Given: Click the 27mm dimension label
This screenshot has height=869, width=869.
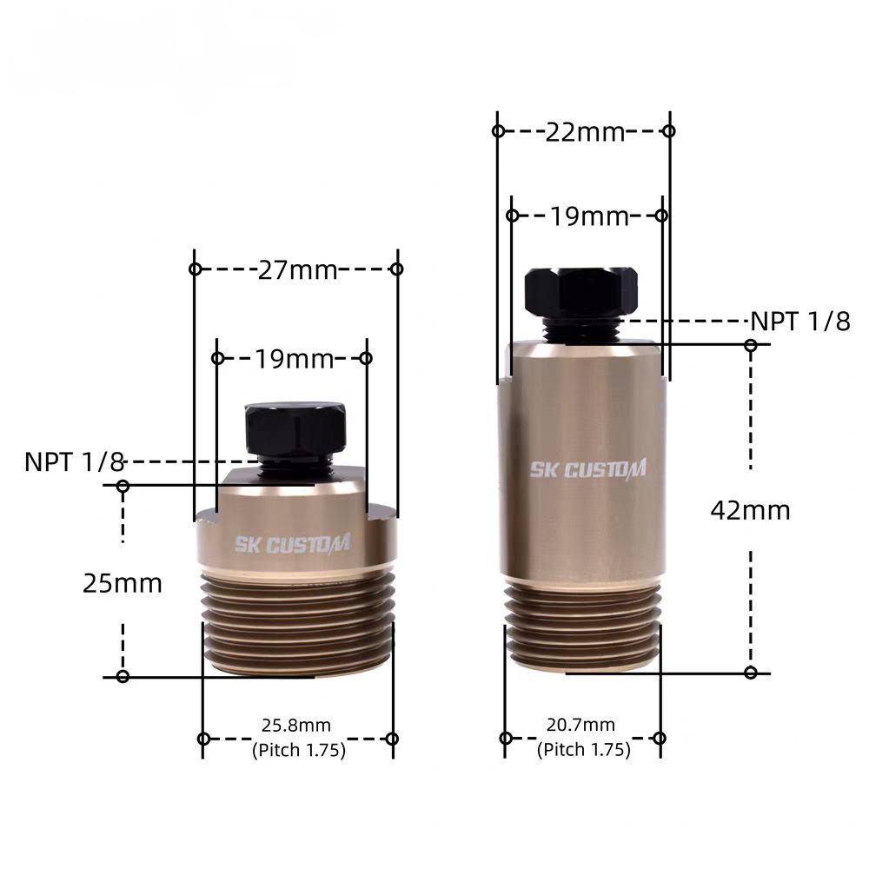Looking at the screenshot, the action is pyautogui.click(x=297, y=270).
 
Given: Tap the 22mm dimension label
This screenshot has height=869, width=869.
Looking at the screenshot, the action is pyautogui.click(x=585, y=132).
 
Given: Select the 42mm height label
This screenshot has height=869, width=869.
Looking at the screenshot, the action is pyautogui.click(x=750, y=510).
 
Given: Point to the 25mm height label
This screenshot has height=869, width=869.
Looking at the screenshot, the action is pyautogui.click(x=122, y=584).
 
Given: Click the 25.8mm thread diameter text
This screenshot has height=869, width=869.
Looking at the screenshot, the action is pyautogui.click(x=296, y=725).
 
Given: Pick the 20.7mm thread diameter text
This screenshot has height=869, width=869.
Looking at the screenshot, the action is pyautogui.click(x=580, y=725).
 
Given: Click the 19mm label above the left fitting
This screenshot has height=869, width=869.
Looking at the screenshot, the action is pyautogui.click(x=294, y=359).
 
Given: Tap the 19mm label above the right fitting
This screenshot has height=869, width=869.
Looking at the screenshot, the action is pyautogui.click(x=589, y=216).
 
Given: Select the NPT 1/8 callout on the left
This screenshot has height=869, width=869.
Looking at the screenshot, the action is pyautogui.click(x=74, y=461).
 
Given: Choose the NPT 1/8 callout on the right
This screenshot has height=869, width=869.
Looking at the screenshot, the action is pyautogui.click(x=799, y=322).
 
